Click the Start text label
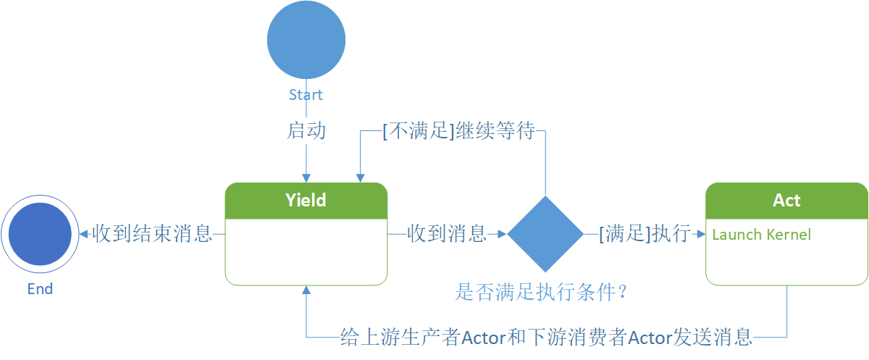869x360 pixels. point(306,95)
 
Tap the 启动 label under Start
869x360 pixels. point(306,131)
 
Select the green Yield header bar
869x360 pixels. point(306,200)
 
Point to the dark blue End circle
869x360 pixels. point(40,234)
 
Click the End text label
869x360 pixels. point(40,289)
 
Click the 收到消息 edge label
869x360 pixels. point(447,234)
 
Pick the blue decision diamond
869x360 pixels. point(545,234)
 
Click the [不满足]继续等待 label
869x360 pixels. point(458,132)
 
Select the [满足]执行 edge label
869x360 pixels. point(644,234)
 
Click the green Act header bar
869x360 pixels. point(786,200)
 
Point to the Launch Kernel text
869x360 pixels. point(761,235)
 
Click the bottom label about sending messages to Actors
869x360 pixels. point(547,338)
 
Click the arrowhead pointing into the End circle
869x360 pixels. point(84,234)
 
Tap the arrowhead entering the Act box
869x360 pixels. point(700,234)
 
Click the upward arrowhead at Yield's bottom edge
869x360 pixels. point(306,290)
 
